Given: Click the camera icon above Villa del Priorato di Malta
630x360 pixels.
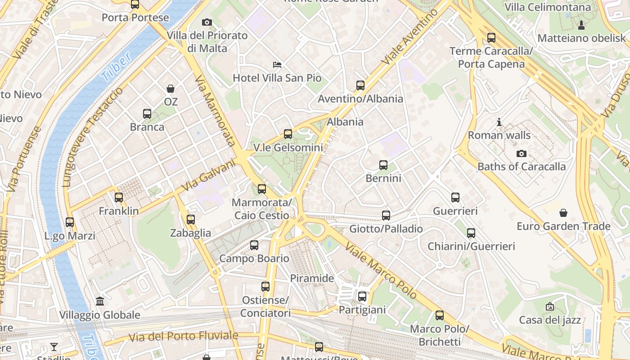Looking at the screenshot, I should (x=207, y=22).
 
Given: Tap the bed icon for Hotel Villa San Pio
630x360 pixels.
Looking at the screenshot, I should (x=277, y=65).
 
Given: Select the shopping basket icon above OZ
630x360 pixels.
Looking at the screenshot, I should (x=171, y=89).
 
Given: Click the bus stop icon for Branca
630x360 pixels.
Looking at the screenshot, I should (x=147, y=114).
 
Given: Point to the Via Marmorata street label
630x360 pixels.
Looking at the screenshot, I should (x=216, y=111).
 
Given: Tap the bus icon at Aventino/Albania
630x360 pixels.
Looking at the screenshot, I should (x=360, y=85).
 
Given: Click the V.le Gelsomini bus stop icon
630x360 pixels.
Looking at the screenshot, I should (x=288, y=134).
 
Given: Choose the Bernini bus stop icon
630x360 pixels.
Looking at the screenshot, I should (x=383, y=165).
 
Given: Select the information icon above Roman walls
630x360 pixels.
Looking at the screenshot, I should (x=499, y=122).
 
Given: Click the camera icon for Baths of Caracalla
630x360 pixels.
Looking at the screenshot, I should (x=522, y=153).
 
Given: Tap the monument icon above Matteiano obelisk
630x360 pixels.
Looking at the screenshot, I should (x=581, y=25).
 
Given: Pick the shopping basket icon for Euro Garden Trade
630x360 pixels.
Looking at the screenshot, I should (x=563, y=213).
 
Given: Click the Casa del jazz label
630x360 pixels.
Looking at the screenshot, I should (x=550, y=320).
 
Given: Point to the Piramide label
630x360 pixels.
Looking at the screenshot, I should (x=312, y=278).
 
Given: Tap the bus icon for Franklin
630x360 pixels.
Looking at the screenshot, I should (x=119, y=198).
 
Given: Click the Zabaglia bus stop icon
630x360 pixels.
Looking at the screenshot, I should (x=191, y=220).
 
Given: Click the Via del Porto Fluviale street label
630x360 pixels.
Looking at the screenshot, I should (x=183, y=336).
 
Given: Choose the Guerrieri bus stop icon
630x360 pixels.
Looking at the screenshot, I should (x=455, y=198).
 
